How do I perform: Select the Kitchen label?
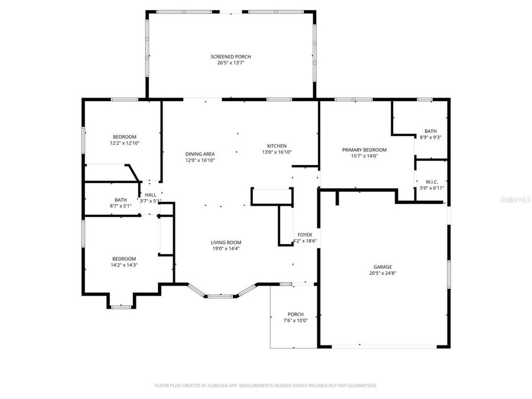(277, 146)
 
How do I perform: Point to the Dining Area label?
(200, 154)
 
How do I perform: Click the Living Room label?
(226, 242)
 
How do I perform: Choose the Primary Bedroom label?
(364, 150)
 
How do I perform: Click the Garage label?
(382, 267)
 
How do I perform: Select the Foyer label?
(305, 235)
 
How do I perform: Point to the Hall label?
(150, 194)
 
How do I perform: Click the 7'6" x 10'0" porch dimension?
(296, 320)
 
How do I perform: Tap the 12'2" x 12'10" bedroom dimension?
(124, 142)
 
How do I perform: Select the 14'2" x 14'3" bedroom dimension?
(124, 265)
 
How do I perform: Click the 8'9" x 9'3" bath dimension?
(430, 137)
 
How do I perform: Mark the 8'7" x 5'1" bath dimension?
(121, 206)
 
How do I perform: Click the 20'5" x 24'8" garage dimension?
(382, 273)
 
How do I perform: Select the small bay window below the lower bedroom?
(121, 306)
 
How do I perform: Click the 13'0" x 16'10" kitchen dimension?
(277, 152)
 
